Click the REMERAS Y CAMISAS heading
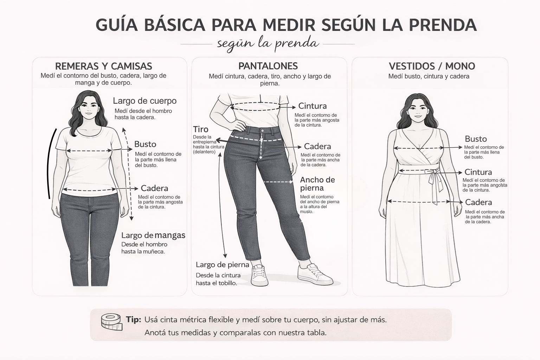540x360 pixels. (x=104, y=66)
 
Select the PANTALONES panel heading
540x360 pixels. (x=268, y=66)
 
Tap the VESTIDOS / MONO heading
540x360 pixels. (x=432, y=66)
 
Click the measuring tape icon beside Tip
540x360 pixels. (x=111, y=322)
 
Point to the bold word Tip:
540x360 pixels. (x=133, y=320)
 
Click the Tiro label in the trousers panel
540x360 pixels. (x=201, y=129)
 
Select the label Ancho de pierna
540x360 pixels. (x=317, y=184)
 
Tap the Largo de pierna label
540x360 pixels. (x=222, y=265)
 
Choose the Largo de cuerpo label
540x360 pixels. (x=144, y=101)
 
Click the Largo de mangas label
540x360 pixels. (x=153, y=235)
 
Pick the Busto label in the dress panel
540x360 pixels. (x=476, y=139)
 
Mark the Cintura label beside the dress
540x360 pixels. (x=478, y=172)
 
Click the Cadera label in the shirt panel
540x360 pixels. (x=154, y=188)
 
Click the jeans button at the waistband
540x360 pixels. (x=262, y=130)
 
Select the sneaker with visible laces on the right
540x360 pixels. (x=315, y=275)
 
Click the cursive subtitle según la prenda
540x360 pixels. (x=268, y=44)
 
